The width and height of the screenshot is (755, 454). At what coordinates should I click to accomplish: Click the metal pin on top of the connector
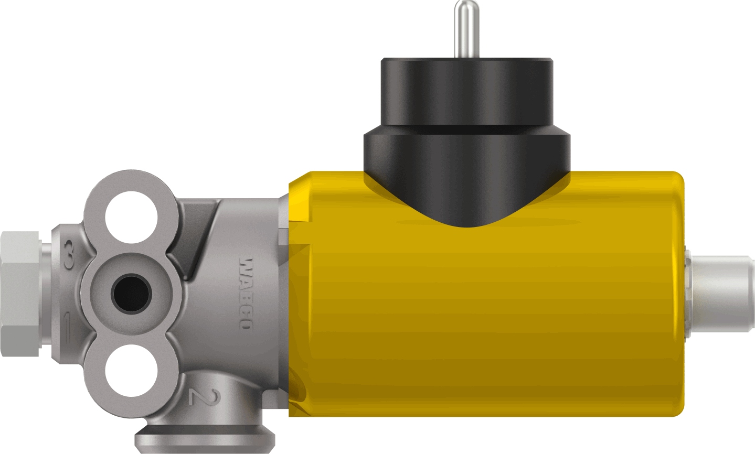tap(465, 29)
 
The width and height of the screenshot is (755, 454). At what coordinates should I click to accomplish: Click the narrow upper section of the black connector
tap(466, 92)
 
